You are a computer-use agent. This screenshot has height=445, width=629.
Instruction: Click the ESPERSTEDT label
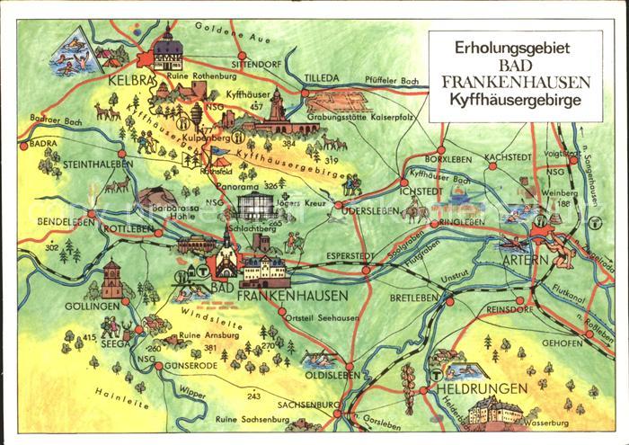point(326,254)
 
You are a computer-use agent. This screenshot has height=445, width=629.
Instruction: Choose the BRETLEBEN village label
point(413,296)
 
